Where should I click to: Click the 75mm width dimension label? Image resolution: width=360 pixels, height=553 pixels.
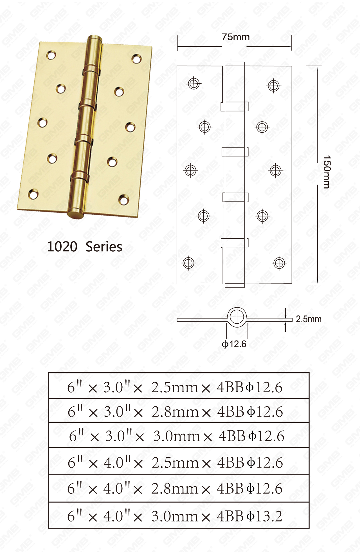coord(236,37)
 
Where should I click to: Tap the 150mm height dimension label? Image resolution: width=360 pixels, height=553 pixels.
coord(327,172)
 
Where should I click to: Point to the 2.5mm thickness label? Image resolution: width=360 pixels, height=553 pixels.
coord(309,319)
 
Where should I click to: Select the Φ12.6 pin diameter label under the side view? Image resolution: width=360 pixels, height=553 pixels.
coord(234,344)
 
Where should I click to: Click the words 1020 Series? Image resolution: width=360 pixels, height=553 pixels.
coord(84,247)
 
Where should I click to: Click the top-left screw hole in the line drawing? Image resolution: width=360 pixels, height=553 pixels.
coord(194,84)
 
